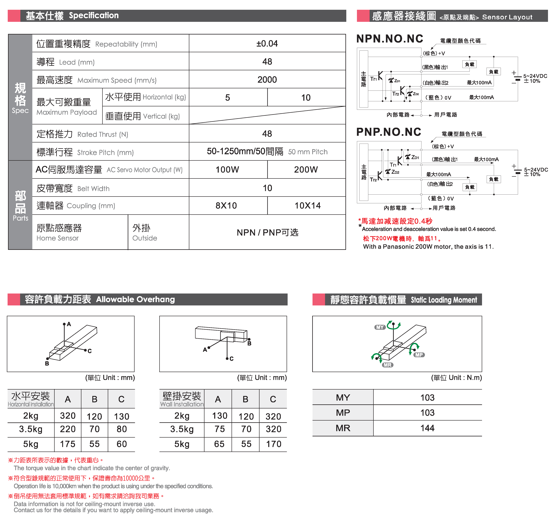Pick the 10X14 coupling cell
(307, 206)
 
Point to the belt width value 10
(267, 188)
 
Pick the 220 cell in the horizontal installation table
(68, 429)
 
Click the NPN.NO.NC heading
(390, 39)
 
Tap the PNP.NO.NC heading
(389, 132)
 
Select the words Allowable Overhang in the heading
(135, 299)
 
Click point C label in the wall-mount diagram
(231, 359)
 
